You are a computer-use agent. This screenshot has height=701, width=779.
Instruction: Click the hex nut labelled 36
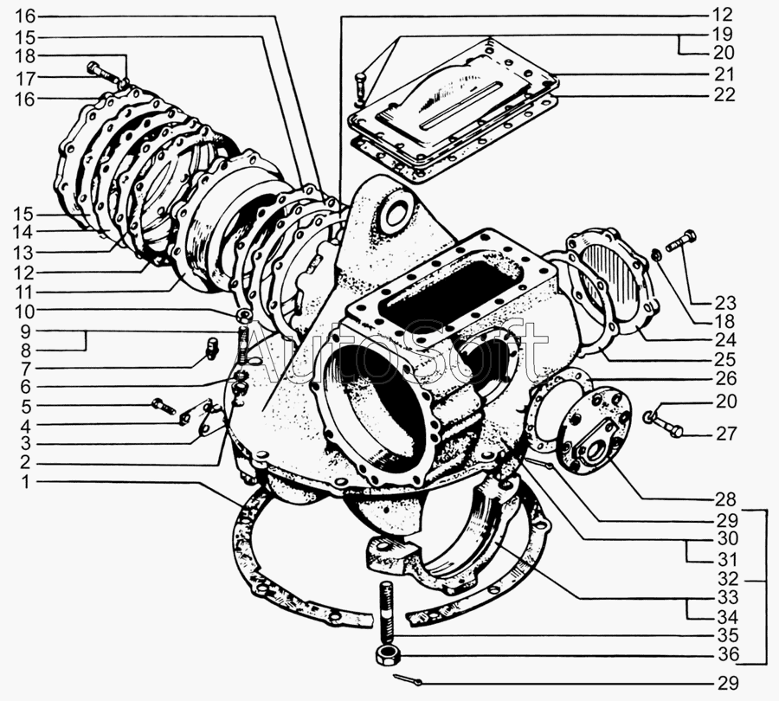(387, 655)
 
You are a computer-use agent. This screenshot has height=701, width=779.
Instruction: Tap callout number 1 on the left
(25, 482)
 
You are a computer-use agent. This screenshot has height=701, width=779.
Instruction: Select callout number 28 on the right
(726, 499)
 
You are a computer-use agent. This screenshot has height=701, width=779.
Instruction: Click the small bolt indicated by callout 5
(163, 405)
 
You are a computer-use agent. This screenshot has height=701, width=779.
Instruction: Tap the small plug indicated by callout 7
(213, 348)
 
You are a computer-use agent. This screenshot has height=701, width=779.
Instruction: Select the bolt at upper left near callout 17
(103, 73)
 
